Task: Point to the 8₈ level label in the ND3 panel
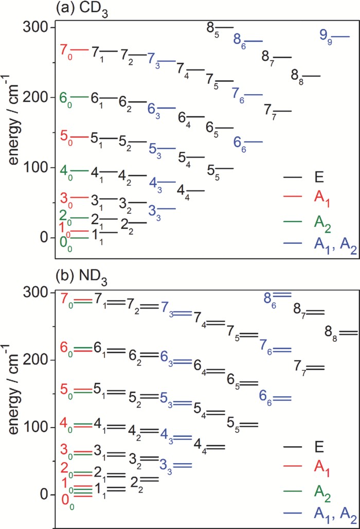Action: point(332,333)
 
